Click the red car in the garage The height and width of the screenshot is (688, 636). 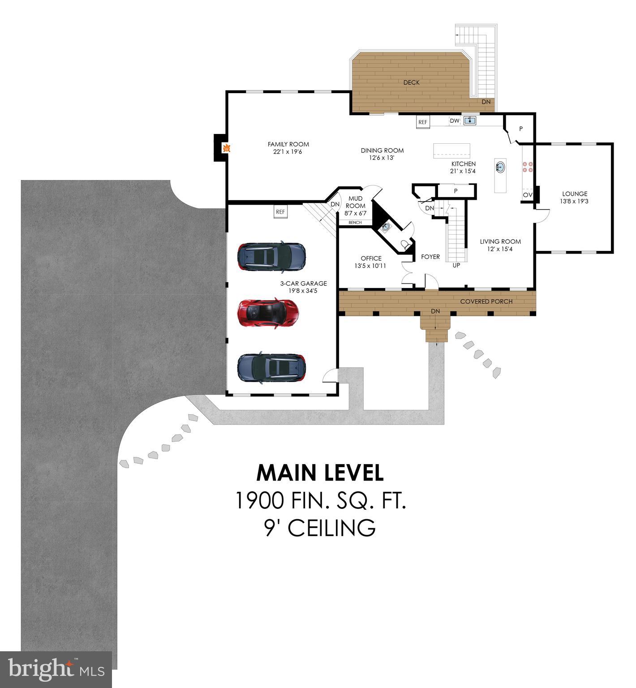click(268, 312)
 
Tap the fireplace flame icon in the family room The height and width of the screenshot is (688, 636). click(227, 148)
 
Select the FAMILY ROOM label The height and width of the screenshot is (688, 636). click(288, 144)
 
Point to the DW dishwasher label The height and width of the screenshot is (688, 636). click(455, 120)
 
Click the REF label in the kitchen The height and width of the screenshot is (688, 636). click(423, 122)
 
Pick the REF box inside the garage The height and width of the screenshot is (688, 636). click(280, 212)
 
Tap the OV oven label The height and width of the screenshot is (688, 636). click(528, 195)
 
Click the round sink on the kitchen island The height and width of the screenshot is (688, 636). click(500, 168)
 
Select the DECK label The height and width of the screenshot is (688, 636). click(411, 82)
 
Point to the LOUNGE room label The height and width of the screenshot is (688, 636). click(575, 194)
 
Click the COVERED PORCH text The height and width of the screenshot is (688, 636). click(486, 301)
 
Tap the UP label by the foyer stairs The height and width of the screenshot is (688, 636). click(456, 265)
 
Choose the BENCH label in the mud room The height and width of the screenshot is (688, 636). click(355, 223)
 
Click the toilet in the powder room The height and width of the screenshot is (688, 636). click(405, 244)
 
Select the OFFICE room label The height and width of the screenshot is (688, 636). click(371, 258)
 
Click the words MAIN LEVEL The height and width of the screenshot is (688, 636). click(320, 473)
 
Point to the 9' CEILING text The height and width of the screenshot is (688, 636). click(320, 528)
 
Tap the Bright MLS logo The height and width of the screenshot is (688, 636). click(56, 669)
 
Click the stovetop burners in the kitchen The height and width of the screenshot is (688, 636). click(527, 167)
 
